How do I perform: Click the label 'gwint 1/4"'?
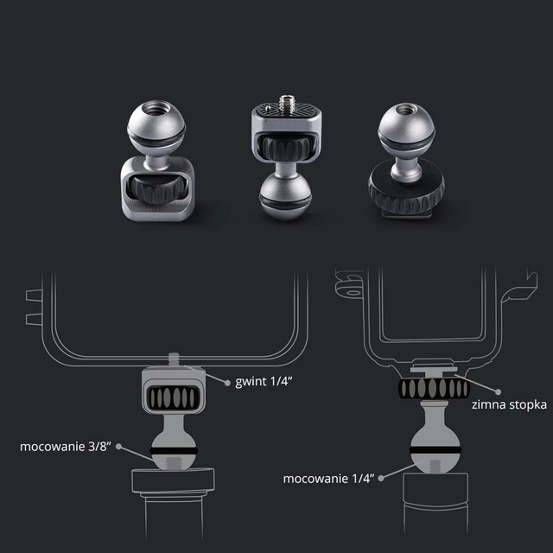tap(263, 381)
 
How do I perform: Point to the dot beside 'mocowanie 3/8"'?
tap(118, 447)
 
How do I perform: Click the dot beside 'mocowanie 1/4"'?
tap(386, 471)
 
